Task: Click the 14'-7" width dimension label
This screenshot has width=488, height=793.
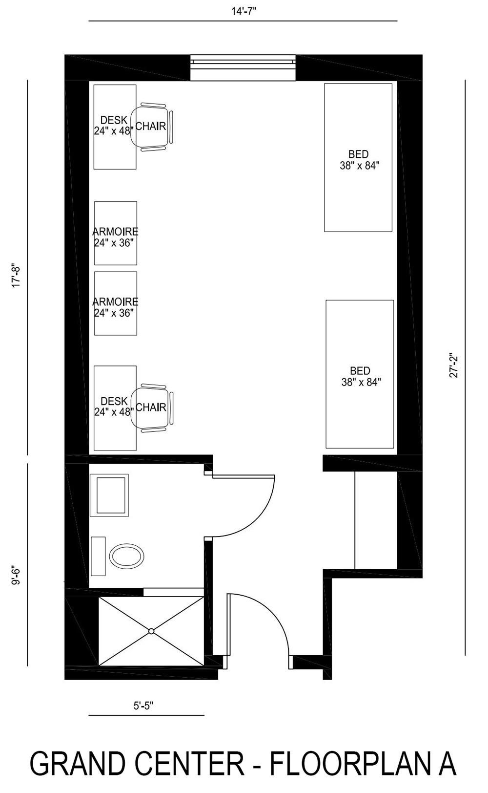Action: (244, 12)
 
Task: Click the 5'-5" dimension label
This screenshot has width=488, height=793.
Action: (143, 706)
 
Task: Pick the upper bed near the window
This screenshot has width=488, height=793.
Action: (359, 157)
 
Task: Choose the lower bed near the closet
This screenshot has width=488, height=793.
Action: (360, 374)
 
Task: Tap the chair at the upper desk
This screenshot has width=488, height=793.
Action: (152, 126)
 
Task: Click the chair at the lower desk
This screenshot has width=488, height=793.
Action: (152, 407)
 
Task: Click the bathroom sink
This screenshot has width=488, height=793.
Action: (109, 495)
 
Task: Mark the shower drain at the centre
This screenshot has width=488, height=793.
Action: (151, 631)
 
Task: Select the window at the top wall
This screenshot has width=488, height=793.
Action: (243, 66)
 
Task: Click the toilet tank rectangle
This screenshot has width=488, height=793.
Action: (98, 556)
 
